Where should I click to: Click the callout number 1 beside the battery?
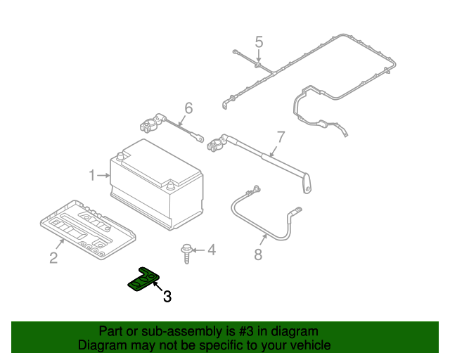click(91, 174)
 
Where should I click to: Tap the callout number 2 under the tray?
click(53, 258)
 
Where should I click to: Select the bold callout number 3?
click(167, 297)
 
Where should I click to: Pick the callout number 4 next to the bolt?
click(211, 250)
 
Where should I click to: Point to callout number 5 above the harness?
click(259, 42)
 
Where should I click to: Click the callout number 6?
click(188, 108)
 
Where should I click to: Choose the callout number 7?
click(280, 136)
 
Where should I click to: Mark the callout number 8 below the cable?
click(258, 255)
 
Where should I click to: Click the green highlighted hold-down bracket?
click(144, 280)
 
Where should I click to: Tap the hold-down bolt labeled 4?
click(187, 252)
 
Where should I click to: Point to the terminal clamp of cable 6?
click(149, 127)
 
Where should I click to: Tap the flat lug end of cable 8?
click(295, 210)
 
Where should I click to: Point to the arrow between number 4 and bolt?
click(200, 250)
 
